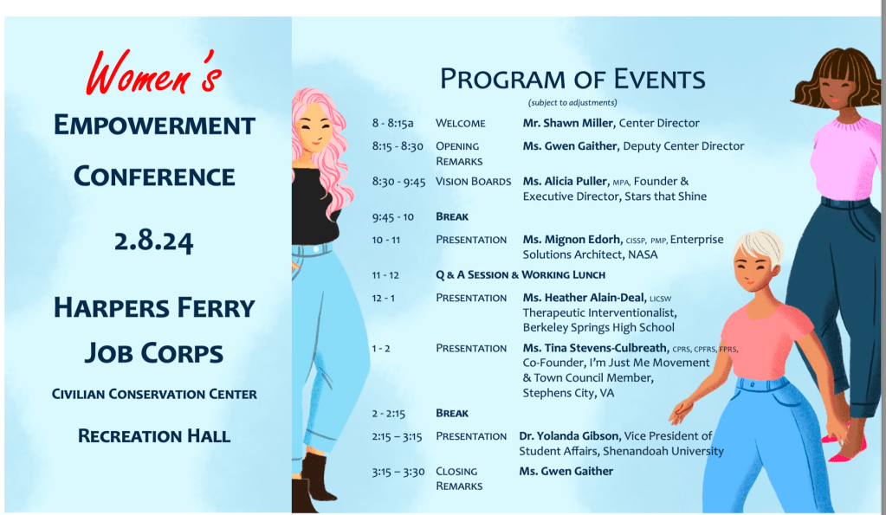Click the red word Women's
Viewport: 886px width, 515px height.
point(153,73)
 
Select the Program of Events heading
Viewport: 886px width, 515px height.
point(572,79)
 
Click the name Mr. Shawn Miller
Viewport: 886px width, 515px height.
point(567,123)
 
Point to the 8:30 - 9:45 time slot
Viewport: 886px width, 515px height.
point(398,182)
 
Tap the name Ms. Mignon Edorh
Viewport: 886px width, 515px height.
point(572,240)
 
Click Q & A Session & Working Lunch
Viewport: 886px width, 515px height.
point(520,275)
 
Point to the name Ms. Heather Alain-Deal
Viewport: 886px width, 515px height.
point(583,298)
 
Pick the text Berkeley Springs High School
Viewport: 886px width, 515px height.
point(598,327)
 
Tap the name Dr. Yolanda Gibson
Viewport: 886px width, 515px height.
point(567,436)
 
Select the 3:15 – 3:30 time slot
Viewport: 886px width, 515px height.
point(397,472)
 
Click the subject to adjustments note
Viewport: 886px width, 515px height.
point(573,102)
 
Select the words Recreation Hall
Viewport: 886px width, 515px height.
point(154,435)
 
